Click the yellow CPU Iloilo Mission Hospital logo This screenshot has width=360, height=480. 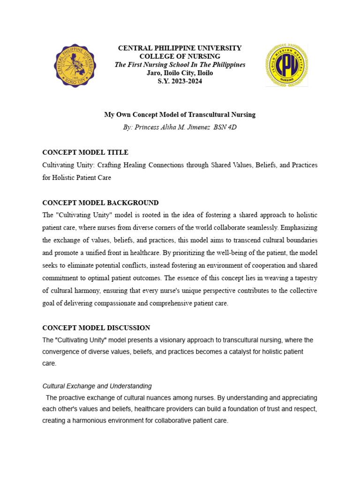tap(286, 66)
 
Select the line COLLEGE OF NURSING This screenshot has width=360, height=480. tap(180, 56)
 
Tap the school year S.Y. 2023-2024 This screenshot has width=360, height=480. tap(180, 82)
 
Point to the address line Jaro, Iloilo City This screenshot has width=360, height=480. tap(180, 73)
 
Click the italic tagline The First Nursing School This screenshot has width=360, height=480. tap(180, 65)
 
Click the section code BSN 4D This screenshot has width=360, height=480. tap(225, 127)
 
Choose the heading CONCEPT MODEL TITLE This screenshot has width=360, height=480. tap(85, 152)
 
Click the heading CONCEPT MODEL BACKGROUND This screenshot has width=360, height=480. tap(100, 202)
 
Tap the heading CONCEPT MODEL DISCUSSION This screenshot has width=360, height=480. tap(96, 328)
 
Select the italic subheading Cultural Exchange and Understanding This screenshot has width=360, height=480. tap(97, 386)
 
